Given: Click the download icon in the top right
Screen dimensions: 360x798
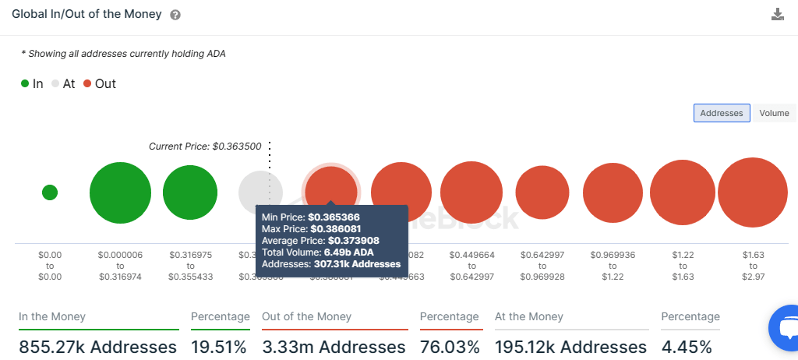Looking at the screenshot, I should (777, 14).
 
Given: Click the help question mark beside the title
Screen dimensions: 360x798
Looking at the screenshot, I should (175, 15).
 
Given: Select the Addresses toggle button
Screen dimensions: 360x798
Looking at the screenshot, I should (722, 113).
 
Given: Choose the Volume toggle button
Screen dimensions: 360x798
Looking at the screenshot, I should (774, 113).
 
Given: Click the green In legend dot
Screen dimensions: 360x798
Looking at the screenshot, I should (25, 83).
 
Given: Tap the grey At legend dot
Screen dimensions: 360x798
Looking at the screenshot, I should (55, 83).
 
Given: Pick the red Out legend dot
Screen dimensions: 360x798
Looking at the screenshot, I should (87, 83).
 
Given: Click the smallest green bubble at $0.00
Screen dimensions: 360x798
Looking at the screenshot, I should (49, 192).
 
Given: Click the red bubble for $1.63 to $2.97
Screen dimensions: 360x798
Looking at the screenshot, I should (753, 192).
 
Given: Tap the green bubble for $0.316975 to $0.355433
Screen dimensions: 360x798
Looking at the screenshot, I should (189, 192).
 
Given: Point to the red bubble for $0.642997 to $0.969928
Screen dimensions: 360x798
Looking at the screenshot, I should (542, 192).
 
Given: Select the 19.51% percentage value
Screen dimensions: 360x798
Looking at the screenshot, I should (219, 347).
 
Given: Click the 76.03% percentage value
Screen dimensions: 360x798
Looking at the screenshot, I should (449, 347).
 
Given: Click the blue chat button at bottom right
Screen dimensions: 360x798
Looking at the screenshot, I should (786, 327).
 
